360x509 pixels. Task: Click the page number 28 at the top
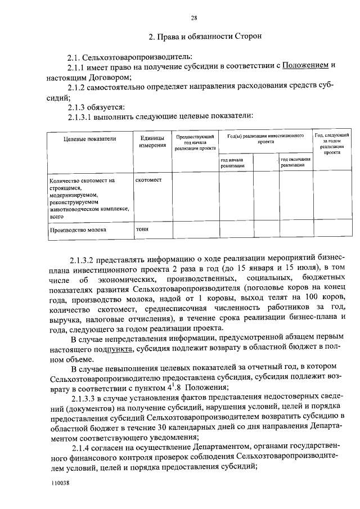pos(193,17)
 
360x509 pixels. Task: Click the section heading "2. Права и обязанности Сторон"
pos(205,37)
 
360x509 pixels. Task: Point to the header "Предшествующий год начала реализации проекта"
pos(195,142)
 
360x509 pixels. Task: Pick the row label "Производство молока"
pos(78,229)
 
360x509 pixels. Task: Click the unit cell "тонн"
pos(142,229)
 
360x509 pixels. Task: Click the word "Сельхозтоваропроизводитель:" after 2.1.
pos(137,57)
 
